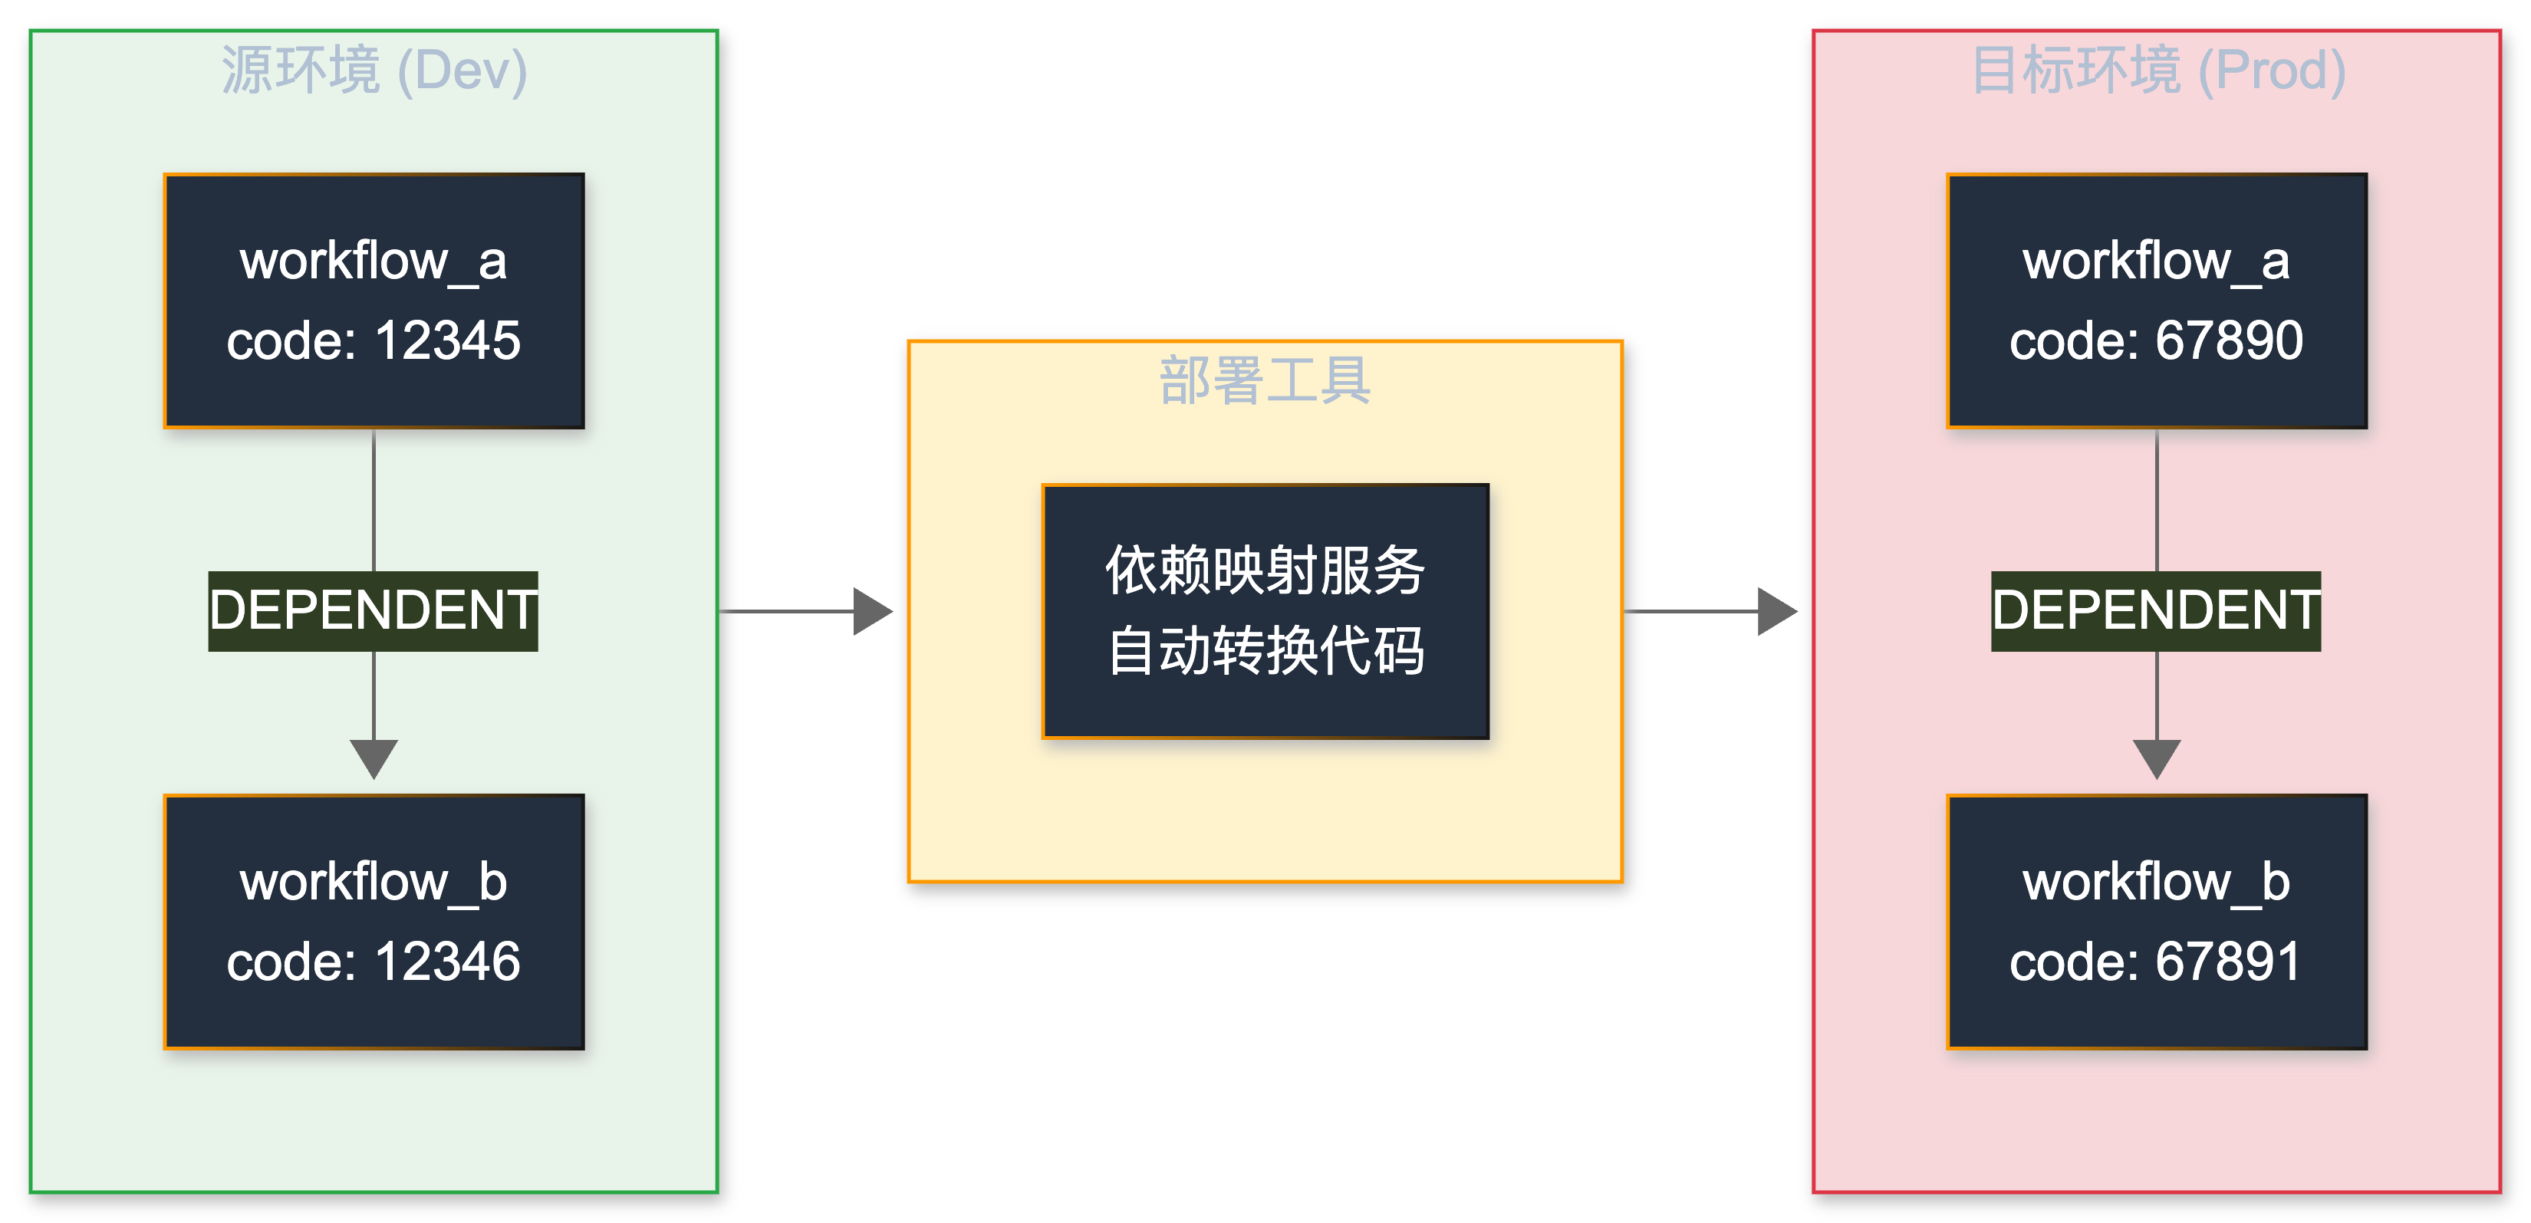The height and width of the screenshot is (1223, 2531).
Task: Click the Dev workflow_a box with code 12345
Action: pyautogui.click(x=374, y=301)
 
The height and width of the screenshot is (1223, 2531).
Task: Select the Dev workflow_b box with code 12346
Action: pyautogui.click(x=374, y=922)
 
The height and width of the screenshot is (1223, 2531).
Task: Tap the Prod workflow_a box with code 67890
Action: pyautogui.click(x=2157, y=301)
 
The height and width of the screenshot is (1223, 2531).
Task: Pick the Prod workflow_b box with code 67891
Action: pyautogui.click(x=2157, y=922)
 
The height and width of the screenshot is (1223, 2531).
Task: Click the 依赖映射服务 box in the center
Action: pyautogui.click(x=1265, y=610)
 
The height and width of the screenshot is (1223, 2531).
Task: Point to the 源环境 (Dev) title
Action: pyautogui.click(x=374, y=71)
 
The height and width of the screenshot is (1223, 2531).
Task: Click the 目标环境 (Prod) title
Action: pyautogui.click(x=2157, y=71)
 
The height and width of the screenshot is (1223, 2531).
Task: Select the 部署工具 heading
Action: pyautogui.click(x=1265, y=381)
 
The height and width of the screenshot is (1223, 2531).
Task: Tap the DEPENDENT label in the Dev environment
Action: pyautogui.click(x=374, y=610)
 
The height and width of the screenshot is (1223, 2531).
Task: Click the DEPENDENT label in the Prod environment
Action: pyautogui.click(x=2156, y=610)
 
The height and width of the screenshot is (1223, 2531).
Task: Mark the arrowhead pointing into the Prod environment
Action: pyautogui.click(x=1776, y=611)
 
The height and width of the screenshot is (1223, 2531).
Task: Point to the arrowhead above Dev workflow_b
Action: pyautogui.click(x=374, y=758)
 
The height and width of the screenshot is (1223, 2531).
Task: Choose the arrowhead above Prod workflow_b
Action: pyautogui.click(x=2157, y=758)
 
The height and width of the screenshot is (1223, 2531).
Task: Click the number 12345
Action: pyautogui.click(x=447, y=341)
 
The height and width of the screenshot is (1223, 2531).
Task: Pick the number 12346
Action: pyautogui.click(x=447, y=962)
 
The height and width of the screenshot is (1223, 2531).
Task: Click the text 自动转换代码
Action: pyautogui.click(x=1265, y=650)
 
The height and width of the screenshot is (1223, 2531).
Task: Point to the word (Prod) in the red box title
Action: pyautogui.click(x=2271, y=71)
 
